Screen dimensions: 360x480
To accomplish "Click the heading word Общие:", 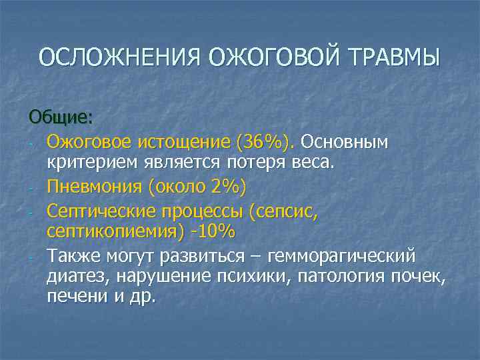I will point(61,117).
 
